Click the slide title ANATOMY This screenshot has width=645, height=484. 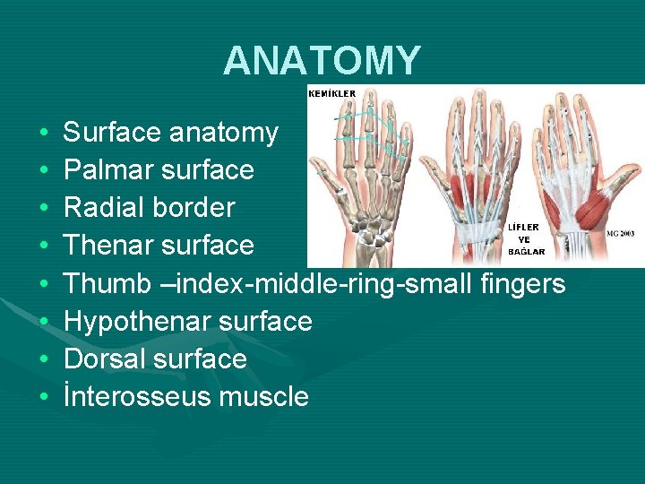click(322, 61)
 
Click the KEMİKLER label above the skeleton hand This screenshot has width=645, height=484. click(331, 93)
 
